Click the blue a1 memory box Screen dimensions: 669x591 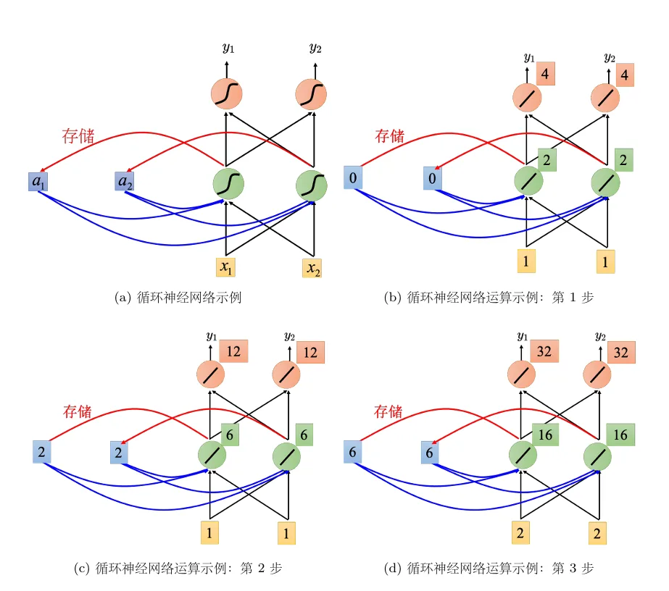(x=38, y=182)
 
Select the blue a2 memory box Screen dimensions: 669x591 (x=125, y=181)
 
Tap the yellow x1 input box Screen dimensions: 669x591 (x=225, y=267)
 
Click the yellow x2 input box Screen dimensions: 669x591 (x=312, y=268)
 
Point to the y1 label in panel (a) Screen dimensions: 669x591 (x=228, y=47)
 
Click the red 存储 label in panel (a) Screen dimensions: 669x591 (x=78, y=136)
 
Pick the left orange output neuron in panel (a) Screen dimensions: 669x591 (x=227, y=94)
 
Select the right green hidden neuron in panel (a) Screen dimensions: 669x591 (x=312, y=185)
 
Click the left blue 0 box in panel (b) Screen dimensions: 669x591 (x=353, y=178)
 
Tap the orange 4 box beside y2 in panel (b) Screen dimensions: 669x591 (x=625, y=75)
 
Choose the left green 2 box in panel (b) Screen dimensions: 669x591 (x=547, y=160)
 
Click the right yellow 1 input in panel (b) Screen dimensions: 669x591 (x=605, y=261)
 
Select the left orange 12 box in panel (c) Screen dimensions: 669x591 (x=233, y=351)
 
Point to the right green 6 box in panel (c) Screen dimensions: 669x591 (x=304, y=435)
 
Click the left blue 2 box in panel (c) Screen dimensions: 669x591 (x=42, y=452)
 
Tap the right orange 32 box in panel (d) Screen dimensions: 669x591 (x=620, y=352)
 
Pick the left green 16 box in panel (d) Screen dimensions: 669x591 (x=545, y=435)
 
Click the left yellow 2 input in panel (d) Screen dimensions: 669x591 (x=520, y=532)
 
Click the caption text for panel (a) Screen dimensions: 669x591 (x=178, y=297)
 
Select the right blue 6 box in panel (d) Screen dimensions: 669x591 (x=430, y=453)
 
